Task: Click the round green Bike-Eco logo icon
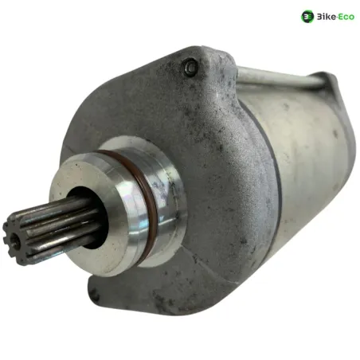coord(307,17)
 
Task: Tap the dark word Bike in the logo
coord(327,17)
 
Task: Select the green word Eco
coord(346,17)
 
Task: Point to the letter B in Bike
coord(319,17)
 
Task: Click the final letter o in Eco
coord(351,18)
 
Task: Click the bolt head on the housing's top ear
coord(190,66)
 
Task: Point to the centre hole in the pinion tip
coord(16,241)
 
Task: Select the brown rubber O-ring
coord(138,191)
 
